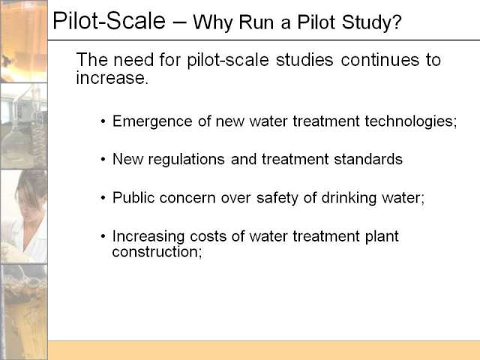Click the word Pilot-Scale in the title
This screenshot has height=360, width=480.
click(x=109, y=21)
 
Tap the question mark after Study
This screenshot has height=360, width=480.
click(x=397, y=22)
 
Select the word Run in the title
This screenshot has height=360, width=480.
click(x=256, y=22)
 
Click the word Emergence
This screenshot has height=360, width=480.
click(x=152, y=121)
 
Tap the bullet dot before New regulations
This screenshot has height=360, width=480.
click(x=103, y=160)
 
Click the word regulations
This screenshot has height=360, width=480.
click(x=186, y=160)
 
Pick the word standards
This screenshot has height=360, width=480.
click(x=368, y=159)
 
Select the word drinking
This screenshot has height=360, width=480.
click(x=349, y=198)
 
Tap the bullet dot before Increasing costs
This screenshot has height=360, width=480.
click(x=103, y=236)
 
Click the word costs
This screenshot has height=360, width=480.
click(x=208, y=236)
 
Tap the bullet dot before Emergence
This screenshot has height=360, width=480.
click(x=103, y=121)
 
